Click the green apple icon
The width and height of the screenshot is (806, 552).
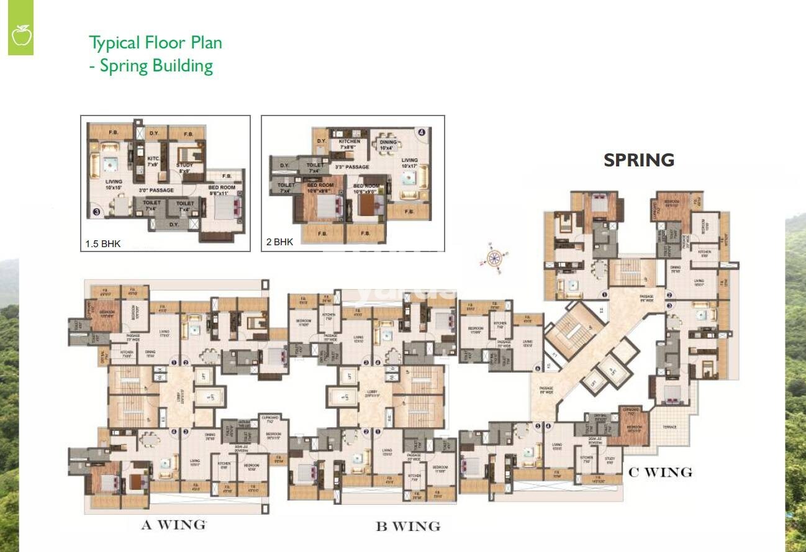[20, 37]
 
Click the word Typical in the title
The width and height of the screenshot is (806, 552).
[115, 43]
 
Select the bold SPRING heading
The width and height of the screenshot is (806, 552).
[638, 160]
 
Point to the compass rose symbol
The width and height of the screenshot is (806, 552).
[494, 258]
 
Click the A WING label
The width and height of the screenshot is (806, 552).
[173, 525]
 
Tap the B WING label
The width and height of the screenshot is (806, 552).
[408, 527]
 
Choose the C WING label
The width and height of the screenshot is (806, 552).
[660, 473]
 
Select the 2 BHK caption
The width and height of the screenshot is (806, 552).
[279, 242]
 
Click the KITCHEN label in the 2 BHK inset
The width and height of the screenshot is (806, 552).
[350, 142]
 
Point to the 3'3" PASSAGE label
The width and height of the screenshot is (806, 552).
[352, 167]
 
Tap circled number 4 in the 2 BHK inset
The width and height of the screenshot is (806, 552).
[422, 132]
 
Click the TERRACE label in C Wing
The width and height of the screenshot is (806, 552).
[669, 427]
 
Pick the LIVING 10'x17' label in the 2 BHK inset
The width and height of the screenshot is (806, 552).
[410, 163]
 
